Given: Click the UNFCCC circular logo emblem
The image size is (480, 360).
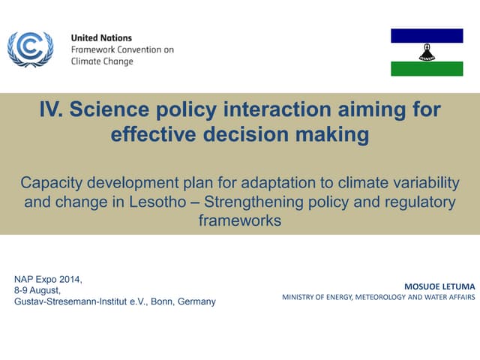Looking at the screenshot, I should click(30, 49).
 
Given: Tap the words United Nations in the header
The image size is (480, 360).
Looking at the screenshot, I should click(100, 37).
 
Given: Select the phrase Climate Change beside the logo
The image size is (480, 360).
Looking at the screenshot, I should click(102, 61).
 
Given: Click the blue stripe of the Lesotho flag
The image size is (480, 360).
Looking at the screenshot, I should click(427, 35).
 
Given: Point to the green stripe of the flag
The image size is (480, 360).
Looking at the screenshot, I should click(427, 69).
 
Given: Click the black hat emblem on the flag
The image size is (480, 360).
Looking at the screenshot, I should click(427, 52).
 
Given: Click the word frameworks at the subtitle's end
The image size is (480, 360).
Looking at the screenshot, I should click(239, 220).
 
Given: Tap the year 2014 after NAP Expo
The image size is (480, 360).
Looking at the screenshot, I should click(70, 280).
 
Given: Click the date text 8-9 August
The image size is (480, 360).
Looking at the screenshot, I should click(37, 290).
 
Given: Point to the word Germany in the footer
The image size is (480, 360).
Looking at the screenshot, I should click(196, 301).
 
